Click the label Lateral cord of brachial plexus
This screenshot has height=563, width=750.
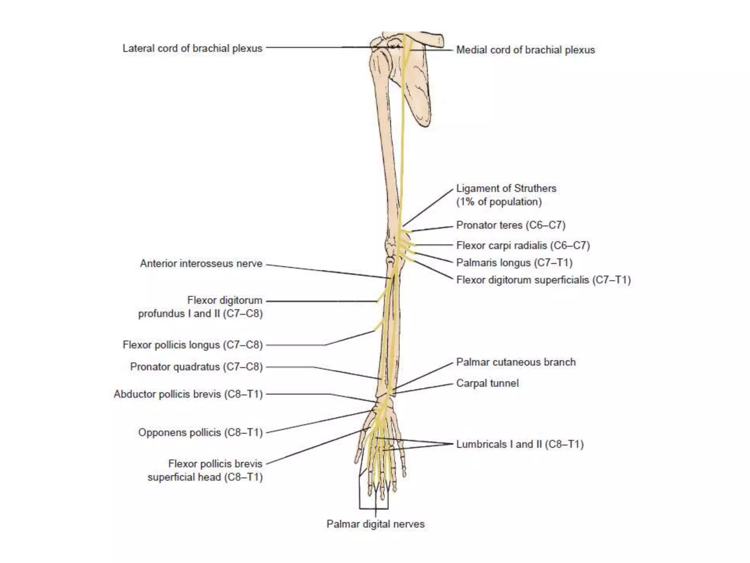click(192, 48)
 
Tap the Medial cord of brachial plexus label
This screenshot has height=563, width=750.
click(525, 50)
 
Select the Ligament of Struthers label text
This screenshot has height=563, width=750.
click(506, 188)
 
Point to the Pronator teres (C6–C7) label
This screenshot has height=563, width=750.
click(510, 225)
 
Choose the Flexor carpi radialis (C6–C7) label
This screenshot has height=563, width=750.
click(523, 245)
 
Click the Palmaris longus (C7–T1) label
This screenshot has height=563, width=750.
click(514, 262)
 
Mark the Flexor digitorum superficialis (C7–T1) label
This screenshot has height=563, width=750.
click(543, 280)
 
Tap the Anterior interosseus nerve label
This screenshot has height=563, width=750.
click(201, 264)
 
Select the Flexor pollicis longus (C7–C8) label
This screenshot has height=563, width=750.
click(193, 345)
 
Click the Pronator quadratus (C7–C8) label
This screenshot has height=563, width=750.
click(196, 367)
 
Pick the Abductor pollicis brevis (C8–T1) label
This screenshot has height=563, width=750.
click(188, 394)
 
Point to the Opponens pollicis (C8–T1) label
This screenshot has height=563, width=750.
click(200, 433)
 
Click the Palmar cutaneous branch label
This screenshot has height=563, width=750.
click(516, 362)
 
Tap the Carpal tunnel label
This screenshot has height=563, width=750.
click(487, 383)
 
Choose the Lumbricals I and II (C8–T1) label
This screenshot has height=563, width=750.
click(520, 444)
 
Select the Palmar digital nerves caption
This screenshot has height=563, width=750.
click(375, 524)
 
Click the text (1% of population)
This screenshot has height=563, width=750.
click(499, 202)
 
